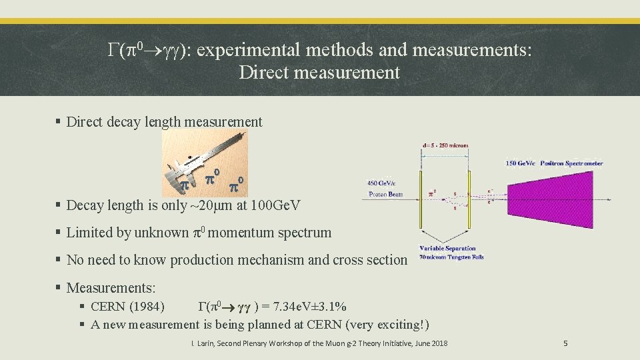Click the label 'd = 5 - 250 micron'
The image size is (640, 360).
tap(445, 145)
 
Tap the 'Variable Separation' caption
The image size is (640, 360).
tap(447, 249)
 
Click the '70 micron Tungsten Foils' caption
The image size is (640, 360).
tap(451, 257)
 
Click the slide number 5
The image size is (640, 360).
tap(565, 343)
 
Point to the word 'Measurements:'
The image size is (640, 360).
tap(111, 288)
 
